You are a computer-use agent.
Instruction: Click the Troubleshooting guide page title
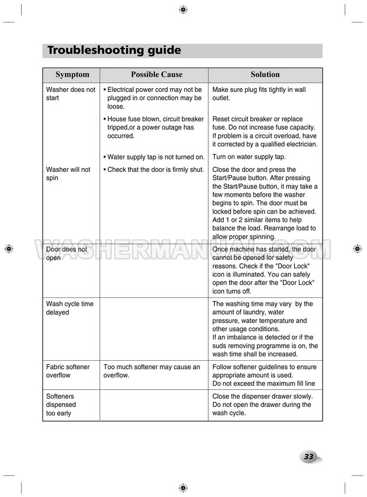pos(114,50)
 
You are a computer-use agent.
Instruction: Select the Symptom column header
pos(72,75)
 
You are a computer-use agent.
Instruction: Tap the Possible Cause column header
pos(156,75)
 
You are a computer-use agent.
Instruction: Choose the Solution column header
pos(265,75)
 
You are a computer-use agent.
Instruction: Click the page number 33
pos(308,457)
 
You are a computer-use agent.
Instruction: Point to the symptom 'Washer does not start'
pos(70,94)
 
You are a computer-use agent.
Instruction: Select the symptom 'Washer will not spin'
pos(68,174)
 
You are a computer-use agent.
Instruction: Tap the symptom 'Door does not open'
pos(66,254)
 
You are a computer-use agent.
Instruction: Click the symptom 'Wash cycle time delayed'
pos(69,308)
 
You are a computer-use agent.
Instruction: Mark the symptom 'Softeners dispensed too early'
pos(61,405)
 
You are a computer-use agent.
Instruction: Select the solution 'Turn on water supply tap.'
pos(249,157)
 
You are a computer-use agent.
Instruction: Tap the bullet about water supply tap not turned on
pos(154,157)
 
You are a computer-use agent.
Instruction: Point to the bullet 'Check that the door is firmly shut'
pos(153,169)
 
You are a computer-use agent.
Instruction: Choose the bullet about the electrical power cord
pos(153,98)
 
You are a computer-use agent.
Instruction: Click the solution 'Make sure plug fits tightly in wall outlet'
pos(259,94)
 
